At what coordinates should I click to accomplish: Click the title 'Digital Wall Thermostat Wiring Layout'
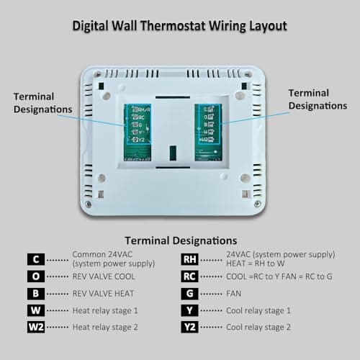[180, 27]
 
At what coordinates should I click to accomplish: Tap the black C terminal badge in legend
[36, 258]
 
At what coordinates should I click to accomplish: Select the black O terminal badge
[36, 276]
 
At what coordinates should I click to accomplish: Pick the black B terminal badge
[36, 293]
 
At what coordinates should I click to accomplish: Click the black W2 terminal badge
[36, 327]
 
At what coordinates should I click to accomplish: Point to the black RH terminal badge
[189, 258]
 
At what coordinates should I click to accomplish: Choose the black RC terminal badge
[189, 276]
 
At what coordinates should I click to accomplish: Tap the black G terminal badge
[189, 293]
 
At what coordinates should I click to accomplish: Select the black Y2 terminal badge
[189, 327]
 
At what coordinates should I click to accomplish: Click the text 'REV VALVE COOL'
[104, 276]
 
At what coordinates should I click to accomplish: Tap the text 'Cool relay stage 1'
[258, 310]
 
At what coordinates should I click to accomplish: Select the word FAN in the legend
[234, 293]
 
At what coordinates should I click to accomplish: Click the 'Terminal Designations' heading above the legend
[180, 240]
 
